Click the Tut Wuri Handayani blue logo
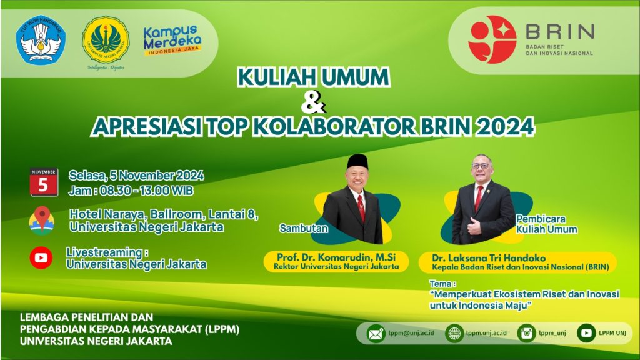(x=41, y=39)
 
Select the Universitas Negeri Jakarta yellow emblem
(x=106, y=39)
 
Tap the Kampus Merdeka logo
(x=172, y=41)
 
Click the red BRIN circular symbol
(x=492, y=39)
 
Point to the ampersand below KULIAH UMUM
(x=313, y=102)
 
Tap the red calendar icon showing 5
(x=44, y=182)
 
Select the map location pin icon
(x=42, y=221)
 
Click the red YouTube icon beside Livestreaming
(x=41, y=258)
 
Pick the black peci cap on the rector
(x=357, y=162)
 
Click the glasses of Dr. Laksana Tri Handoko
(x=481, y=166)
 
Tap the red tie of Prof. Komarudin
(x=361, y=207)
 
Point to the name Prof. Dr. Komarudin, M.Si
(x=336, y=257)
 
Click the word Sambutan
(x=303, y=228)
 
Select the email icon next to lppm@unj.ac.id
(x=376, y=334)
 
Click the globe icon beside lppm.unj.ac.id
(x=454, y=334)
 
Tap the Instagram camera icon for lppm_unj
(x=526, y=334)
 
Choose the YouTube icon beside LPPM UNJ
(x=586, y=334)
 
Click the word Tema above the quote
(x=441, y=284)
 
